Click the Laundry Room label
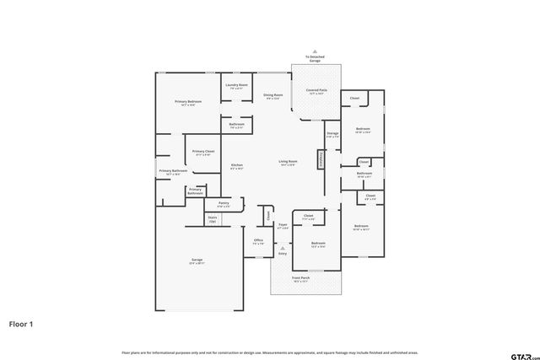[x=236, y=85]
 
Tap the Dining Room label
[x=273, y=95]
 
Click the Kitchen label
[x=237, y=164]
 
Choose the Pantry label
[x=224, y=202]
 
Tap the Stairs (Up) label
[x=213, y=218]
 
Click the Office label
[x=259, y=240]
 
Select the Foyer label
[x=283, y=225]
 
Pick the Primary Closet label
[x=203, y=152]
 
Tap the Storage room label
[x=332, y=132]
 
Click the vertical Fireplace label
[x=321, y=159]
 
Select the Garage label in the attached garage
[x=196, y=260]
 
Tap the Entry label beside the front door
[x=282, y=253]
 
